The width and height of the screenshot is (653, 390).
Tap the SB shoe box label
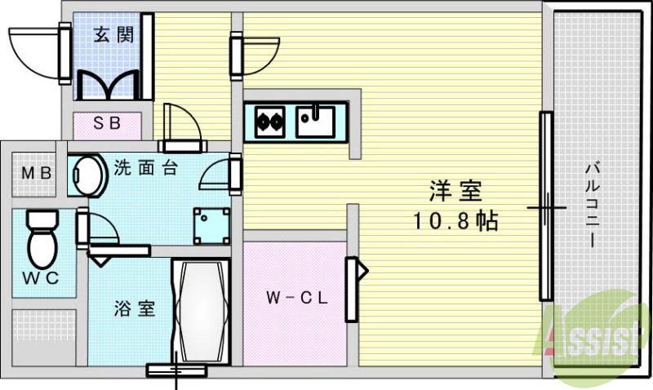coord(107,124)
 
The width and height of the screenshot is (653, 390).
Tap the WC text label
coord(40,277)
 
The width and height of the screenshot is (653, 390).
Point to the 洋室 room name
coord(456,193)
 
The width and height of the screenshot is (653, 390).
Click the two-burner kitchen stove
coord(269,122)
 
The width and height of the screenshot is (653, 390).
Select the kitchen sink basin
coord(315,122)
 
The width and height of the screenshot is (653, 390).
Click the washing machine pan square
coord(211,225)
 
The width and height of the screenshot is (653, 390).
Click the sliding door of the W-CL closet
coord(352,289)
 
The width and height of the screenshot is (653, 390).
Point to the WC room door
coord(83,228)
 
